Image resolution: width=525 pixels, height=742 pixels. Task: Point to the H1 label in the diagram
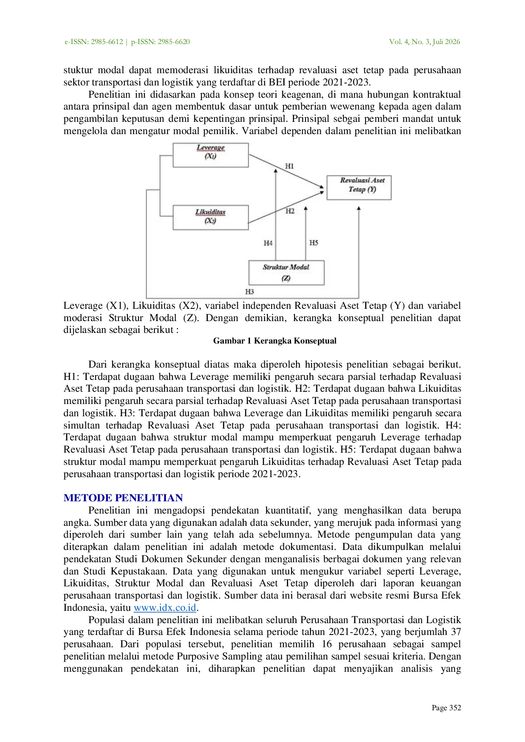[289, 166]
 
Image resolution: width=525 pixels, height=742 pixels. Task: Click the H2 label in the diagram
[290, 211]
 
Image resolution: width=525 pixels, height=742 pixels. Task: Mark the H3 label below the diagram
[250, 291]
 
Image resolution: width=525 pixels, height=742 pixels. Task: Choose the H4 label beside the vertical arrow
[268, 243]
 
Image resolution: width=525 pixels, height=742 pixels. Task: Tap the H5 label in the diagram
[314, 243]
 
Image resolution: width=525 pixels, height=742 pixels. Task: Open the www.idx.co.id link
[165, 608]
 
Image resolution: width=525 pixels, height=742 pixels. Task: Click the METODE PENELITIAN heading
[123, 498]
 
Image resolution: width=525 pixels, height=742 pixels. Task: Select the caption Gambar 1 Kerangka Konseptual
[275, 341]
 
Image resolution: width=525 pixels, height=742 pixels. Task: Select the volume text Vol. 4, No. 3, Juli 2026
[425, 42]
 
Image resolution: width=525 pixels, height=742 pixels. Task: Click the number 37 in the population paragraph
[456, 632]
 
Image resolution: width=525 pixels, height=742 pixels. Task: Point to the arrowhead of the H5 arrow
[306, 209]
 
